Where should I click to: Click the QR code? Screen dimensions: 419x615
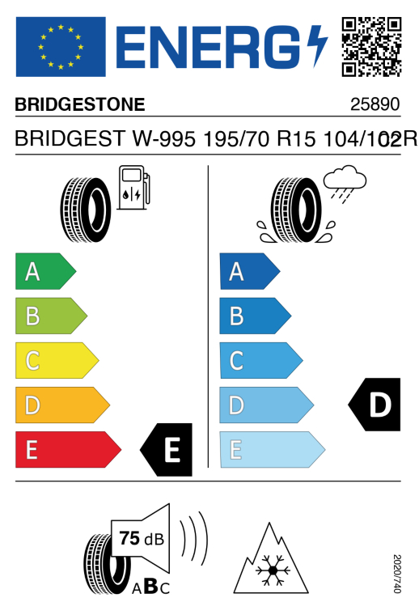tap(371, 47)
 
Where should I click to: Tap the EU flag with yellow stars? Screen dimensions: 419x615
tap(61, 47)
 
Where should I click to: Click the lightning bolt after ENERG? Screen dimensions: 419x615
tap(317, 46)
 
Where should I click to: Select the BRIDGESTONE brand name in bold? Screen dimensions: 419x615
tap(80, 104)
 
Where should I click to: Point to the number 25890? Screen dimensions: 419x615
tap(375, 104)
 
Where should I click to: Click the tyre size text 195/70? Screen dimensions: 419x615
tap(236, 139)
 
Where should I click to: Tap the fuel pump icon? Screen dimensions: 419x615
tap(133, 188)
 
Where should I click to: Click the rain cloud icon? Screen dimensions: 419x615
tap(345, 184)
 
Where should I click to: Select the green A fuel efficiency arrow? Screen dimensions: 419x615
tap(46, 271)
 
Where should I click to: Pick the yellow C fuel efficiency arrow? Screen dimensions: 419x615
tap(57, 360)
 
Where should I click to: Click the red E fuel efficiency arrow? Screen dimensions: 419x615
tap(69, 449)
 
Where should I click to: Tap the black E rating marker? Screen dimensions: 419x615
tap(166, 449)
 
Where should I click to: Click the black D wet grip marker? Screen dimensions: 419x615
tap(375, 405)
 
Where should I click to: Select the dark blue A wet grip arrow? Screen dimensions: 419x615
tap(250, 271)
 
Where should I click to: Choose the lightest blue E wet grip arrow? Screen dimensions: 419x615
tap(273, 449)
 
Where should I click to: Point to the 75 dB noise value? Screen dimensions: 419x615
tap(142, 538)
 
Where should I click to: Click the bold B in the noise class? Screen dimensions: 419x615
tap(151, 586)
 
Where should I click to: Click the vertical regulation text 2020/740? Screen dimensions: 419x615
tap(397, 574)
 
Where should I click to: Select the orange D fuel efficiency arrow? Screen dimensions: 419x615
tap(63, 405)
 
